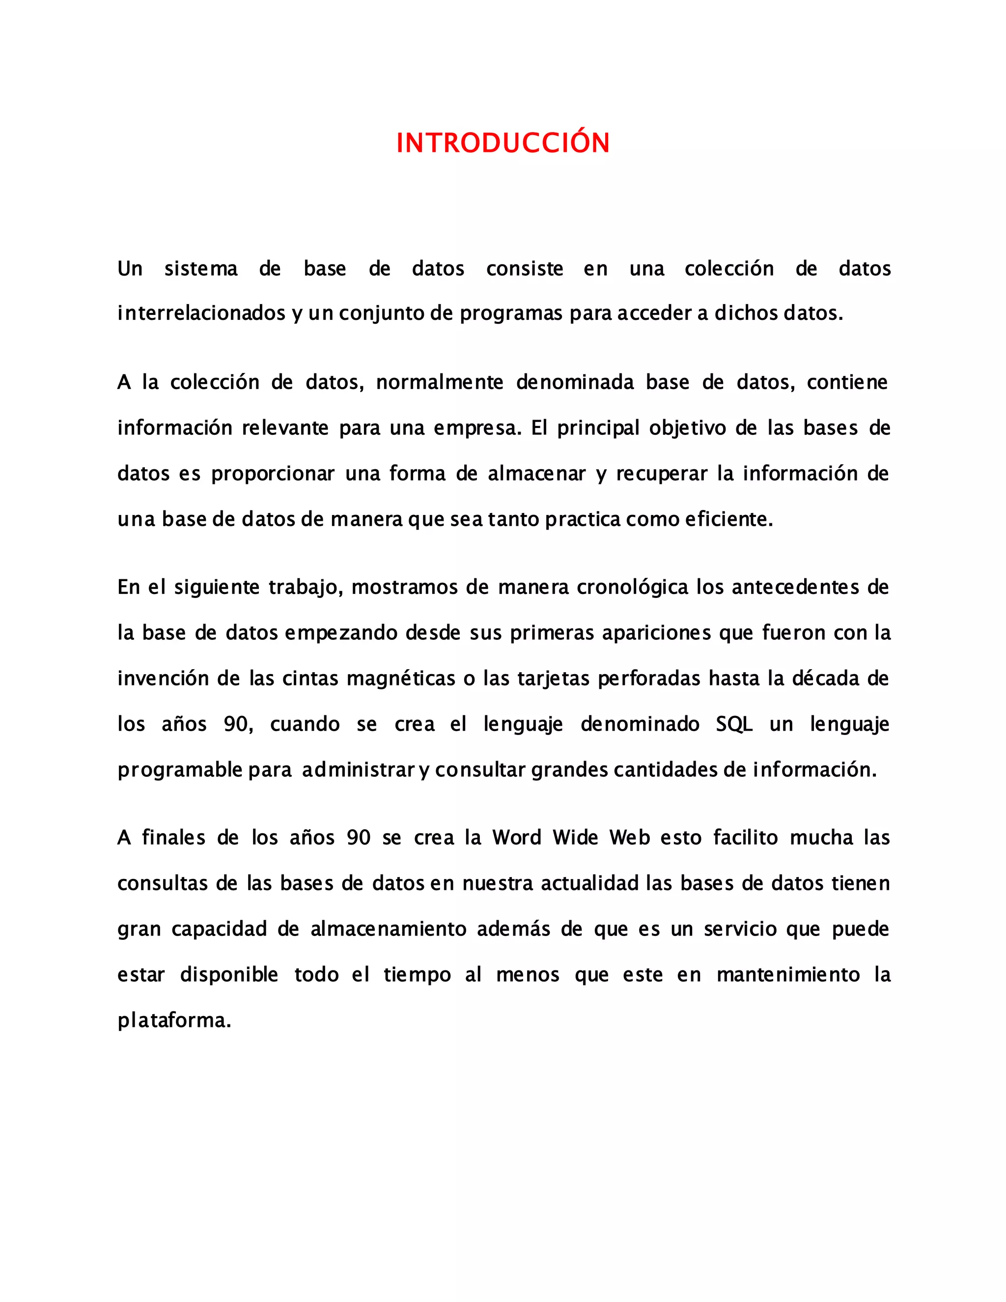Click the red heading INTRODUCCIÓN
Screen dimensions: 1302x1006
point(503,143)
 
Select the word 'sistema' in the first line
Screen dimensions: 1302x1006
point(201,269)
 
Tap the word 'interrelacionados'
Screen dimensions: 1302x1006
point(201,313)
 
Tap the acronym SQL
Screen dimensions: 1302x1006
point(734,724)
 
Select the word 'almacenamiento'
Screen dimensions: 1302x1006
point(389,929)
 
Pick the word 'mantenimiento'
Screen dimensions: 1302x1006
point(788,975)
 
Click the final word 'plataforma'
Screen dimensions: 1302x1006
point(173,1020)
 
